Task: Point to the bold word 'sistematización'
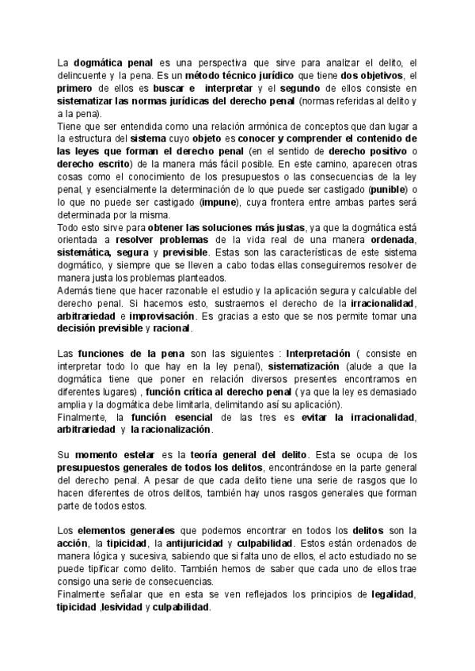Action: (304, 366)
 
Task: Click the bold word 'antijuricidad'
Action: (189, 543)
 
